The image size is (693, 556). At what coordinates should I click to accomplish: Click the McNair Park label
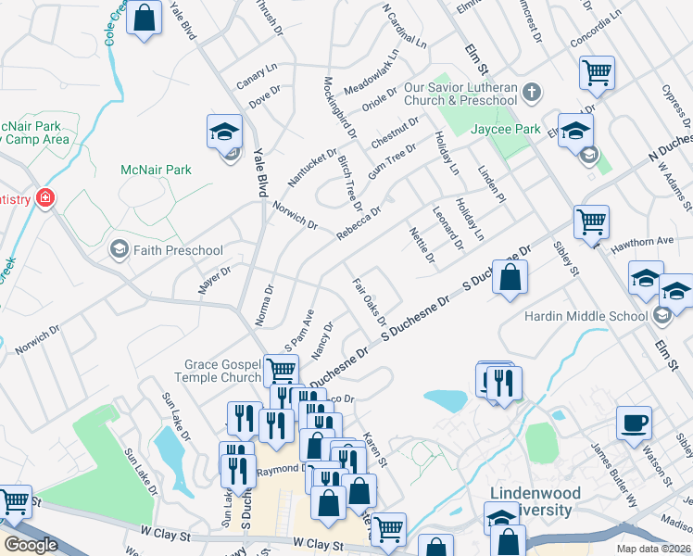pos(156,170)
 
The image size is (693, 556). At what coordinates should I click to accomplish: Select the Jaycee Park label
pos(506,130)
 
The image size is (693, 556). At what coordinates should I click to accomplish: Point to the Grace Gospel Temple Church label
pos(222,371)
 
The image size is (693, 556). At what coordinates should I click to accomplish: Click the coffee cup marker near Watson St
pos(634,422)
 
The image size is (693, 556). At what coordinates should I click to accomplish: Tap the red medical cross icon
pos(44,198)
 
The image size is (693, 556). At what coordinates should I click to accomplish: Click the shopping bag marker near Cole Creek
pos(145,18)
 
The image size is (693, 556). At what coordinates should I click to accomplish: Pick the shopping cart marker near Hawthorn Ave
pos(591,222)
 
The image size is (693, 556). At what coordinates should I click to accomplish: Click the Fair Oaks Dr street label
pos(369,301)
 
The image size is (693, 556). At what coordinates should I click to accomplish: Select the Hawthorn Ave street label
pos(651,241)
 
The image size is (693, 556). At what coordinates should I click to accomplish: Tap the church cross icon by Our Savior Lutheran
pos(531,93)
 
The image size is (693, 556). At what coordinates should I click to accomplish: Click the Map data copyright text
pos(656,549)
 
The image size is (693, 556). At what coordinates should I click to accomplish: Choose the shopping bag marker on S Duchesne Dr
pos(510,277)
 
